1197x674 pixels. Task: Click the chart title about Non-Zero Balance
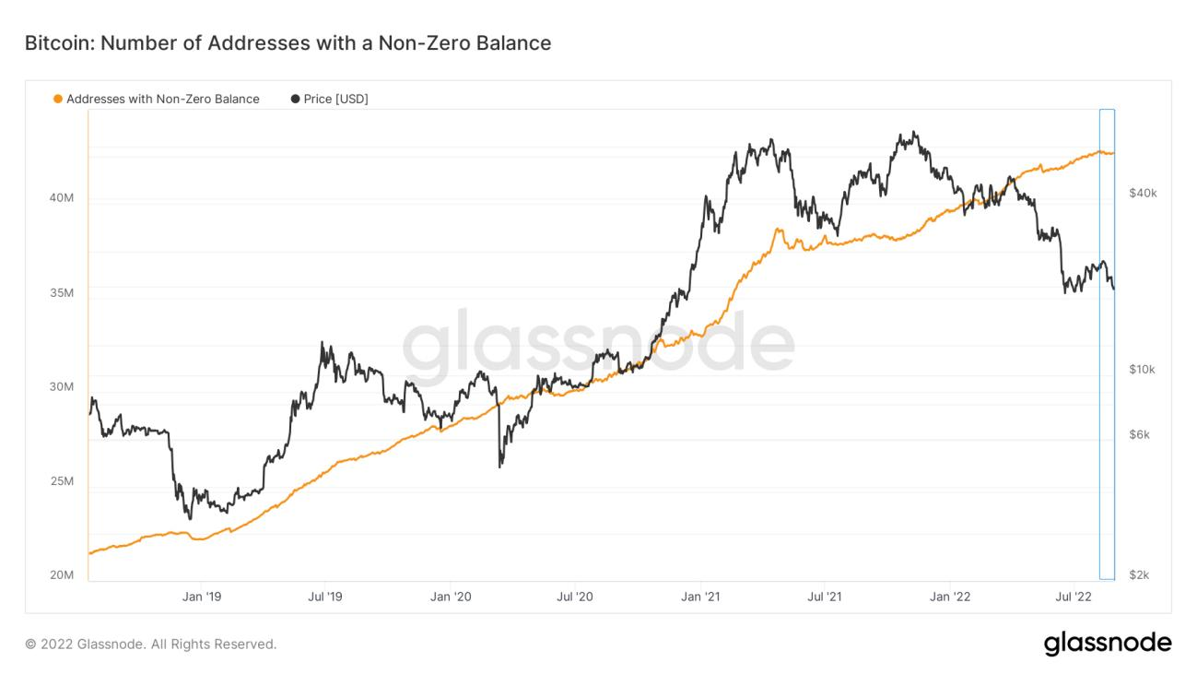pos(288,42)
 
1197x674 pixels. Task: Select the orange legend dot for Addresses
pos(58,99)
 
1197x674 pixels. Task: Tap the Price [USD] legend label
pos(335,99)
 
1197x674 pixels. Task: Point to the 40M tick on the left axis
pos(62,198)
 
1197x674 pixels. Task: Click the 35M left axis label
pos(62,293)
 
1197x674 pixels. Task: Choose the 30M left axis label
pos(62,387)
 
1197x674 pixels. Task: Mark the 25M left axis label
pos(62,482)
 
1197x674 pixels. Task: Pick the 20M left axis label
pos(62,575)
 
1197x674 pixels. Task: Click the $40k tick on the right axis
pos(1143,193)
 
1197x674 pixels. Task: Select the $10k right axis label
pos(1143,370)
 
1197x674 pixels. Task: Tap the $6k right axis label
pos(1140,434)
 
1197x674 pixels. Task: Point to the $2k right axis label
pos(1140,575)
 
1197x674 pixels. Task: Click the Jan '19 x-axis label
pos(201,597)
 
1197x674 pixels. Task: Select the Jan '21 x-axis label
pos(700,597)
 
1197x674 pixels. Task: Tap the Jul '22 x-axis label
pos(1074,597)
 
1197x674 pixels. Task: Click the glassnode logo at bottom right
pos(1108,643)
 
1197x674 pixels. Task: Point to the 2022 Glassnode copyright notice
pos(151,644)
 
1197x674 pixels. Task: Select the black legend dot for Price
pos(295,99)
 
